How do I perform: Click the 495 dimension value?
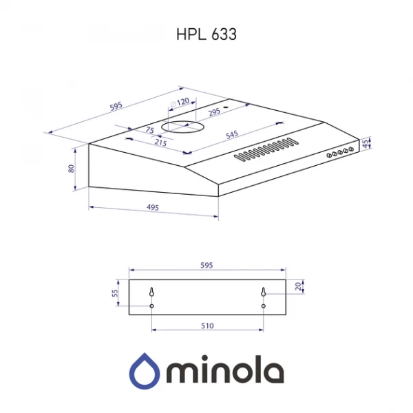click(x=153, y=207)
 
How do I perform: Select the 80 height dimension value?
click(x=72, y=168)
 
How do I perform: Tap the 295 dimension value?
click(x=214, y=112)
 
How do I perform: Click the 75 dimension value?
click(x=149, y=130)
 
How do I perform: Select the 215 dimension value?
click(x=161, y=143)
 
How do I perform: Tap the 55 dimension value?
click(x=116, y=293)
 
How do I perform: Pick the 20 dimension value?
click(x=297, y=286)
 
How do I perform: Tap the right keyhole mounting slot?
click(x=263, y=293)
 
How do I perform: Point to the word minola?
click(x=224, y=372)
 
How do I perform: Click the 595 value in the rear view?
click(x=207, y=264)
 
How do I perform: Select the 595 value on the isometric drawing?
click(x=116, y=105)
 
